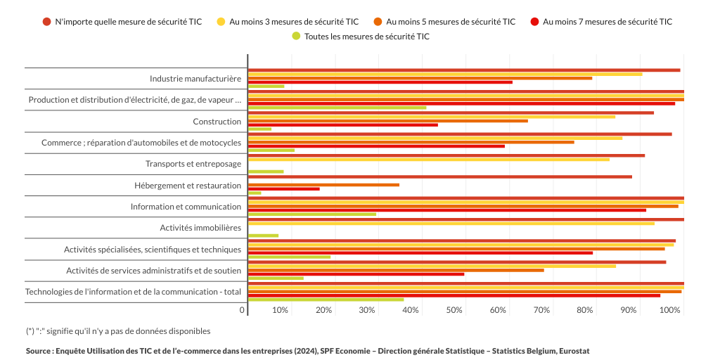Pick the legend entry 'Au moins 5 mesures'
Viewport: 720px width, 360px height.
(x=451, y=22)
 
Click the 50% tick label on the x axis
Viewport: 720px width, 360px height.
(x=454, y=310)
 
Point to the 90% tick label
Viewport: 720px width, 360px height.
(x=629, y=310)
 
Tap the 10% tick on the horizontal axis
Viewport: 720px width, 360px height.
(x=280, y=310)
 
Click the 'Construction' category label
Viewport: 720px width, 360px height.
(x=217, y=122)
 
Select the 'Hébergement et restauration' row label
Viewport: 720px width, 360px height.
(x=188, y=186)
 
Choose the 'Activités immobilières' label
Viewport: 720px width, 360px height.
(x=200, y=228)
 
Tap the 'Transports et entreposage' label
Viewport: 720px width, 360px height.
(x=193, y=164)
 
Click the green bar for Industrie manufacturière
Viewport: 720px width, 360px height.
(x=266, y=86)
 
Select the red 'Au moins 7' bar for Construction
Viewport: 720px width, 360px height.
(x=343, y=125)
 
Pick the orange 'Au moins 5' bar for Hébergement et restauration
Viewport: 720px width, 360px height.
(x=324, y=185)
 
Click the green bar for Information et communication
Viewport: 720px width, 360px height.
(x=312, y=214)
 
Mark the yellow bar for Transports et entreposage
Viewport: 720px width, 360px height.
(x=429, y=160)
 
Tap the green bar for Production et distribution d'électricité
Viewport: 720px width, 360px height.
(x=337, y=108)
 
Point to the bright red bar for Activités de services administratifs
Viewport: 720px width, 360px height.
(x=356, y=274)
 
